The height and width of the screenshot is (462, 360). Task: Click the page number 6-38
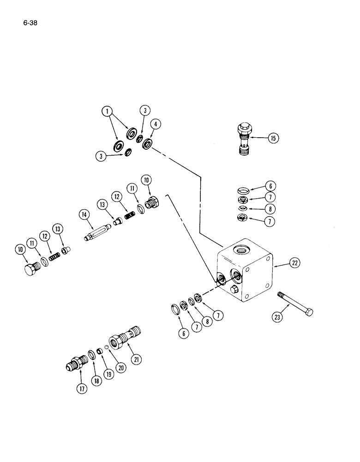coord(29,21)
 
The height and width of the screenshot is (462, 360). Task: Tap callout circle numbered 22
coord(294,263)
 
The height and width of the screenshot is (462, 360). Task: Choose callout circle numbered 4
coord(157,124)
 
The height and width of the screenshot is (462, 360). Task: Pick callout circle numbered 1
coord(107,111)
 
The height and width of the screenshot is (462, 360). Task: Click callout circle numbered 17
coord(82,389)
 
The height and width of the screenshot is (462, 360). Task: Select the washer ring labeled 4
coord(148,143)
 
